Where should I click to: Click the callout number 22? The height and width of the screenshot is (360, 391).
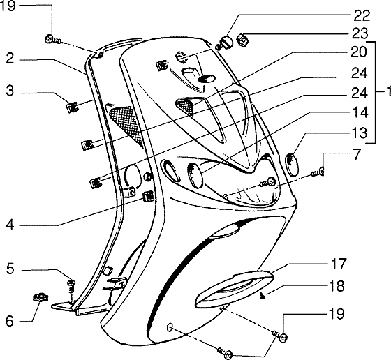(362, 15)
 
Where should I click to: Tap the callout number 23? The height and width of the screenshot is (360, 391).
(360, 33)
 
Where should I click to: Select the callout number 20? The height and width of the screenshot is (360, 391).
(359, 52)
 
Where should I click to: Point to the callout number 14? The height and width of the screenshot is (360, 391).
(360, 112)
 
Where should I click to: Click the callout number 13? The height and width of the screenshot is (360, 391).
(360, 133)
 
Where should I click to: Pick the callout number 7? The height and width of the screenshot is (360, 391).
(357, 154)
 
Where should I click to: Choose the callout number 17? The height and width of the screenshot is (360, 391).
(339, 264)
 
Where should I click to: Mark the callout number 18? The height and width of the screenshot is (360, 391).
(337, 286)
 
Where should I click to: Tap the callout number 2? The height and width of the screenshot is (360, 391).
(10, 59)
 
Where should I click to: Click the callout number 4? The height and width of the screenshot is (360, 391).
(10, 225)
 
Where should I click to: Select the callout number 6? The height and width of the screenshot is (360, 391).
(10, 321)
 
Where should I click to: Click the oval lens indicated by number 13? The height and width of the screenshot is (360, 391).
(290, 165)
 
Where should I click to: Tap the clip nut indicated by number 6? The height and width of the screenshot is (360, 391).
(40, 298)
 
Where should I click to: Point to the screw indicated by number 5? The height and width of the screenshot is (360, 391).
(71, 287)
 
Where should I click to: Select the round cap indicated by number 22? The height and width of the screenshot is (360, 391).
(226, 43)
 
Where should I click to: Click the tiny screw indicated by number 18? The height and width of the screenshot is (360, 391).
(263, 296)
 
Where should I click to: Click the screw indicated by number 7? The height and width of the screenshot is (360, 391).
(318, 172)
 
